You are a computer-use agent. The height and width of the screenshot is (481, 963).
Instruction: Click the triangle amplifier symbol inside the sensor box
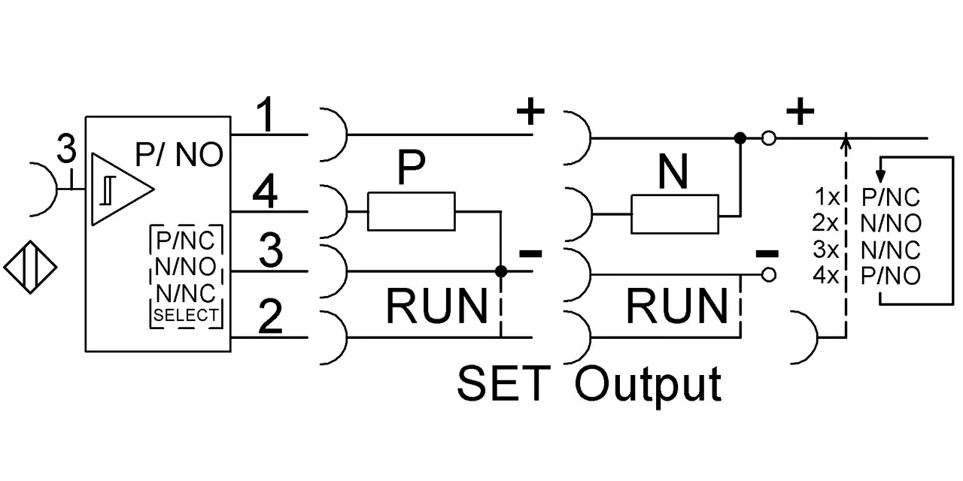(123, 189)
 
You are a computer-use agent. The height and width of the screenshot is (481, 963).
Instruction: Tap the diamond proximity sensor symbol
(31, 267)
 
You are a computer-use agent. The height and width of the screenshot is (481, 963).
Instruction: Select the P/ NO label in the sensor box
(179, 154)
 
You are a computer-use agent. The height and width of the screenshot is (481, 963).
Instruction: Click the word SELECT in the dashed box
(186, 316)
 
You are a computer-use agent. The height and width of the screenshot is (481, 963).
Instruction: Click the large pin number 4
(265, 191)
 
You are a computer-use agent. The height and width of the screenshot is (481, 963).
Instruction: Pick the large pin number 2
(270, 316)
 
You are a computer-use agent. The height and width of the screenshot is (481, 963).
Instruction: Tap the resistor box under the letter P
(412, 211)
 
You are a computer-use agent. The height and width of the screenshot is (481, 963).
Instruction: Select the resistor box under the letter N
(675, 214)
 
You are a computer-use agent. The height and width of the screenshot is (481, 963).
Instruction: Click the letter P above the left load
(412, 167)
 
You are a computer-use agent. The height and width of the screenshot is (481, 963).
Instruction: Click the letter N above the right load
(673, 172)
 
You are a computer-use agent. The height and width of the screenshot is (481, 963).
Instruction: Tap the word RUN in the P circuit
(437, 306)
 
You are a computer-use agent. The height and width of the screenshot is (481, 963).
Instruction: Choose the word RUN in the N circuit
(677, 306)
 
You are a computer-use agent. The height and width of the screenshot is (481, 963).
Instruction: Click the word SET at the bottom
(504, 383)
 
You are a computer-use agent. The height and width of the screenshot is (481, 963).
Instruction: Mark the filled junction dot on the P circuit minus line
(501, 271)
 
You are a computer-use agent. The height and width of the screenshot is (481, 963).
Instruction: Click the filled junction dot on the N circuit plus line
(740, 138)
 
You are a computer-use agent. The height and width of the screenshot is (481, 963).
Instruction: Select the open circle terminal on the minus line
(769, 275)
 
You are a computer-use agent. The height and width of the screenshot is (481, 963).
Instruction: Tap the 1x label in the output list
(827, 197)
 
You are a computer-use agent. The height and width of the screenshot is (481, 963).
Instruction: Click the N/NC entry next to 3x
(891, 250)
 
